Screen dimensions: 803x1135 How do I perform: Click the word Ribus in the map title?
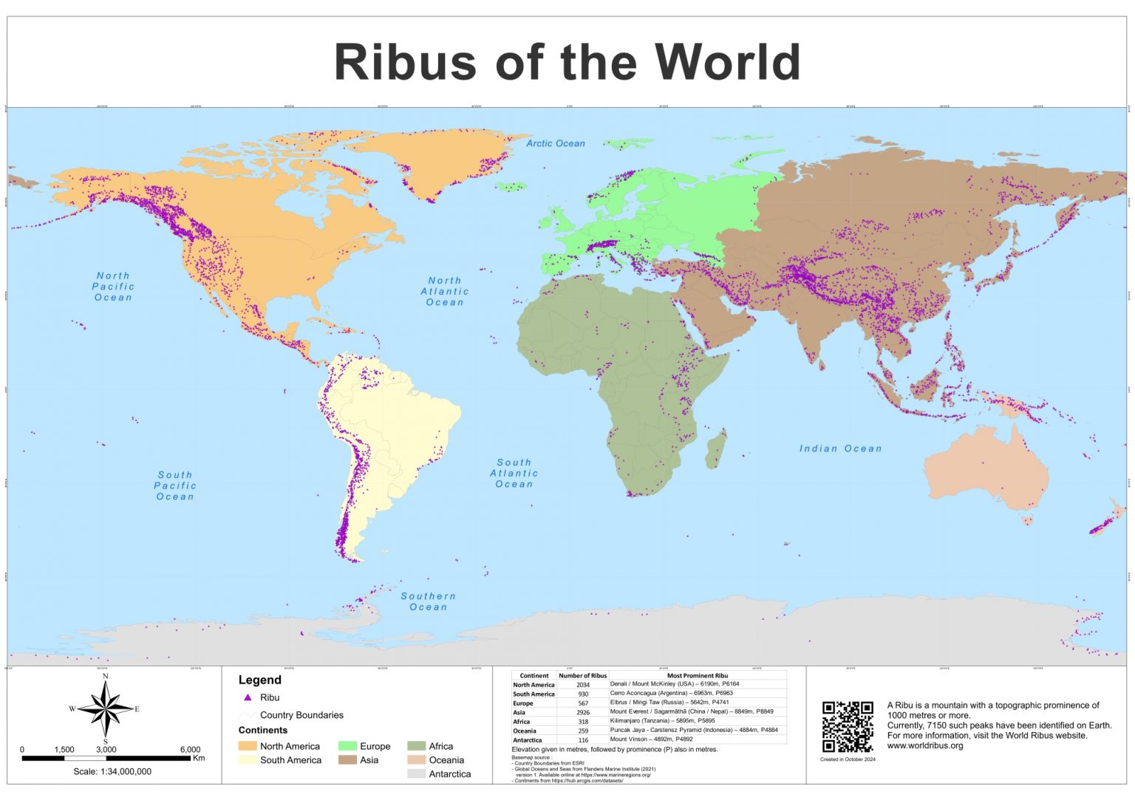click(x=405, y=62)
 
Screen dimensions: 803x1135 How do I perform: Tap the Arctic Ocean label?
click(x=555, y=143)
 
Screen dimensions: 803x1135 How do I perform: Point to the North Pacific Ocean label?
click(x=113, y=287)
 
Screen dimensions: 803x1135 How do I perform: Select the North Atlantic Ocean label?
click(x=445, y=291)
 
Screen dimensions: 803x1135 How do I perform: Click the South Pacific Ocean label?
click(x=175, y=486)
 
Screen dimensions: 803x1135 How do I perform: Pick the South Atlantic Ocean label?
click(x=514, y=474)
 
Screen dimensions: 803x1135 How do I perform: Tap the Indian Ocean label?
click(x=840, y=448)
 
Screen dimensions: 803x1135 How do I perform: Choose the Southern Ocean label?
click(x=428, y=601)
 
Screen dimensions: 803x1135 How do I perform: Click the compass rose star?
click(x=106, y=709)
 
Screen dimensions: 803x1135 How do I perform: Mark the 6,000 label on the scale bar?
click(x=190, y=749)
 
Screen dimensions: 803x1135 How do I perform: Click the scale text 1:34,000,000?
click(x=112, y=771)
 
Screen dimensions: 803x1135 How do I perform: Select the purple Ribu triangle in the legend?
click(x=248, y=697)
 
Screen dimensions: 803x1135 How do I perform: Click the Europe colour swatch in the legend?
click(x=347, y=746)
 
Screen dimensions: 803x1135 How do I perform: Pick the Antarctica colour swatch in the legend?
click(x=416, y=774)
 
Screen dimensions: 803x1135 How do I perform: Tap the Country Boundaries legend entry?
click(x=301, y=715)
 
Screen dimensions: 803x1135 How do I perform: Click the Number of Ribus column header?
click(x=582, y=675)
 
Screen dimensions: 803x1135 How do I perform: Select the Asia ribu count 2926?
click(x=582, y=712)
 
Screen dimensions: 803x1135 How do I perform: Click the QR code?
click(x=848, y=727)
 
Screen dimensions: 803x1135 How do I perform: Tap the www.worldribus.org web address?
click(x=925, y=745)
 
